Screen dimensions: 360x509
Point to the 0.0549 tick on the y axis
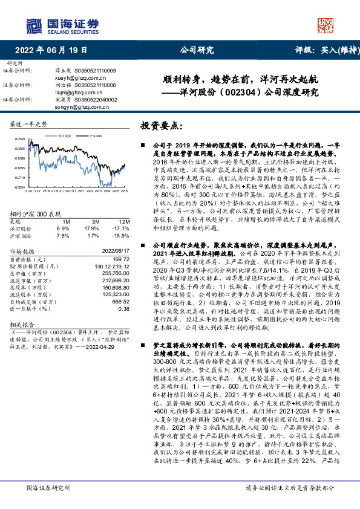[x=19, y=138]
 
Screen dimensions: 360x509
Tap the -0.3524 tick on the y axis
[x=19, y=187]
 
